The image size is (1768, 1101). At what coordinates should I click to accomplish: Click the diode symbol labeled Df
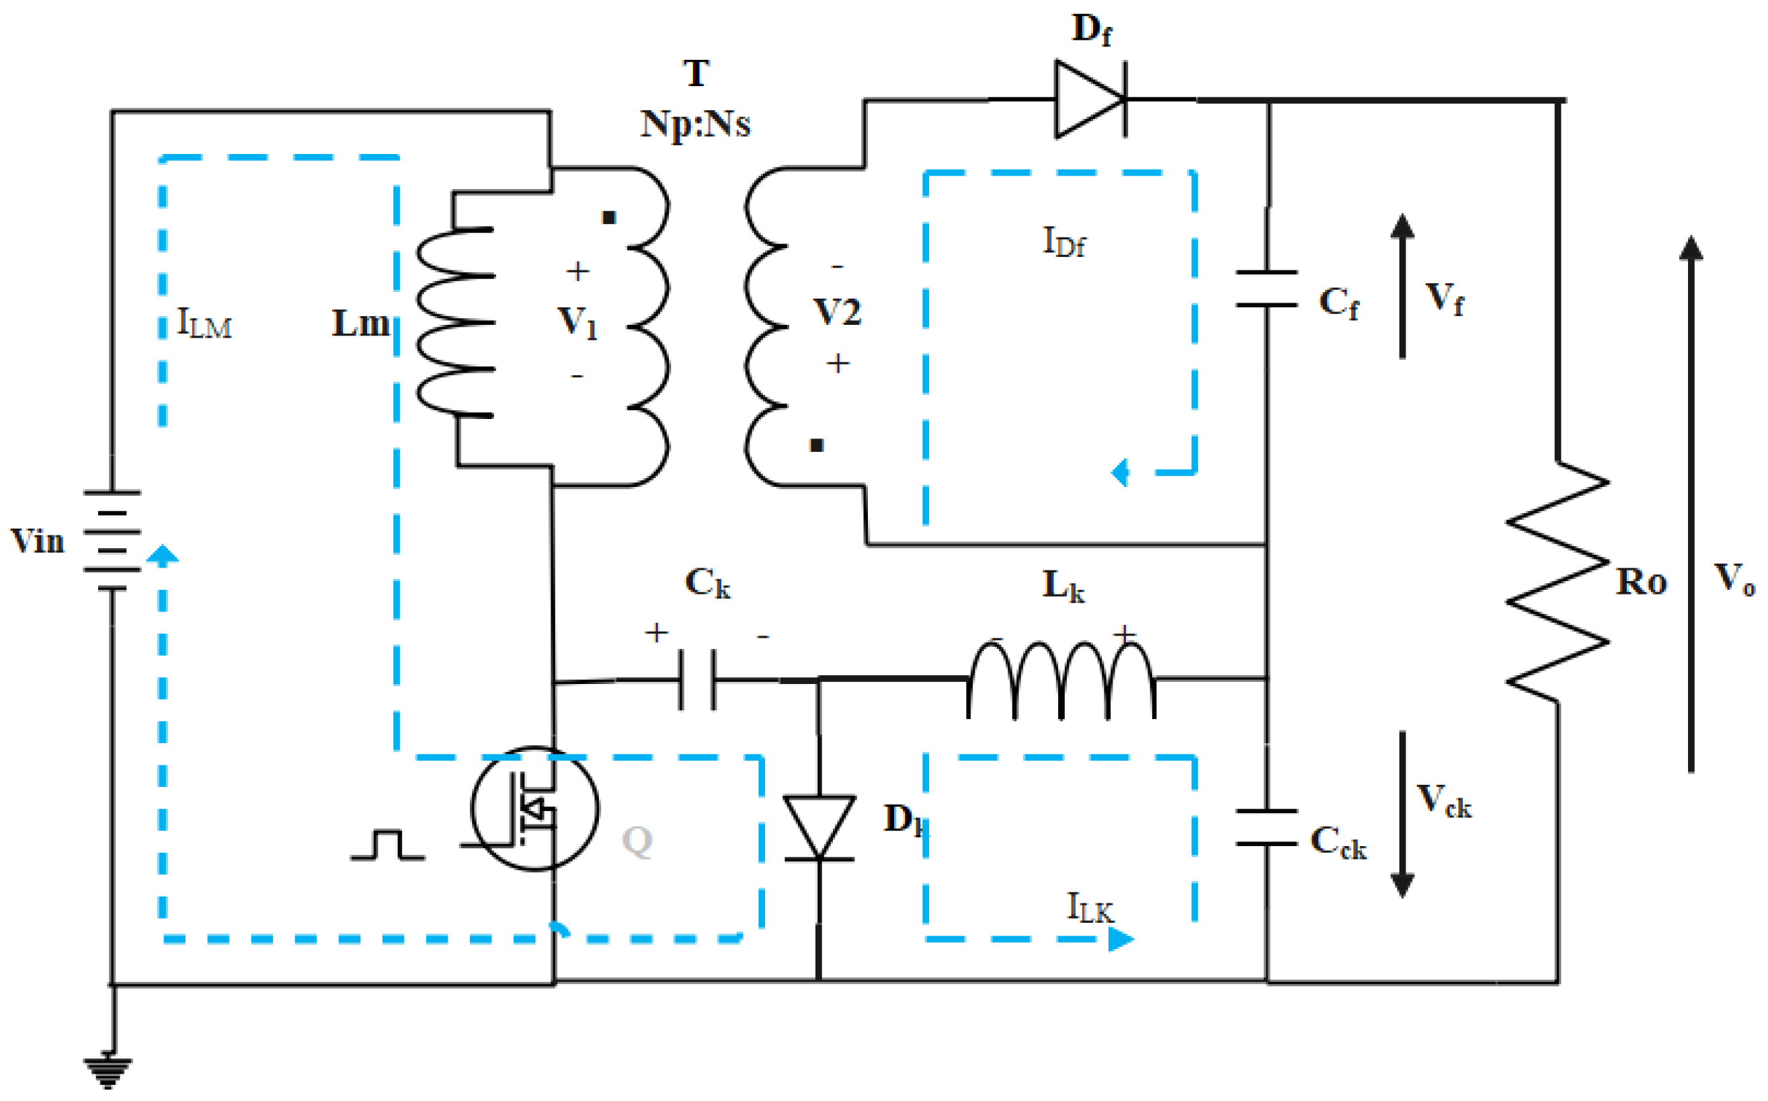click(x=1090, y=99)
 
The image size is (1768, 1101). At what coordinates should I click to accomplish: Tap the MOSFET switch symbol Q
click(x=535, y=808)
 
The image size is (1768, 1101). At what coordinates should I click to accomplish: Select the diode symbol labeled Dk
click(x=819, y=829)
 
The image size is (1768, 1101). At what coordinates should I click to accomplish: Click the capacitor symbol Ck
click(x=697, y=679)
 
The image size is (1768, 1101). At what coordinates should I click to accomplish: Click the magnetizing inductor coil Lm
click(x=456, y=323)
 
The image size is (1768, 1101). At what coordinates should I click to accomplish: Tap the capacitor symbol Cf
click(x=1267, y=289)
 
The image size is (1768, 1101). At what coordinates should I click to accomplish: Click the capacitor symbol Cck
click(x=1267, y=827)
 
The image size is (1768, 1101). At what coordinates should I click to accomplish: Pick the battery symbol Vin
click(x=112, y=540)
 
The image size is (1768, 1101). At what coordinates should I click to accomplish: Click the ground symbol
click(x=108, y=1071)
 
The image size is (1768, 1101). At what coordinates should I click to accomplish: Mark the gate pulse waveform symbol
click(x=387, y=845)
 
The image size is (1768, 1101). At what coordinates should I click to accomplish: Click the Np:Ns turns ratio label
click(x=695, y=124)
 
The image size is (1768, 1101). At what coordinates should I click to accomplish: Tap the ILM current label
click(x=204, y=324)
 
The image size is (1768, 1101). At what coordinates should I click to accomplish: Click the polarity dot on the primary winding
click(x=609, y=217)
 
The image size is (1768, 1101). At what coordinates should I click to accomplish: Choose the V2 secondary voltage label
click(x=837, y=312)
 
